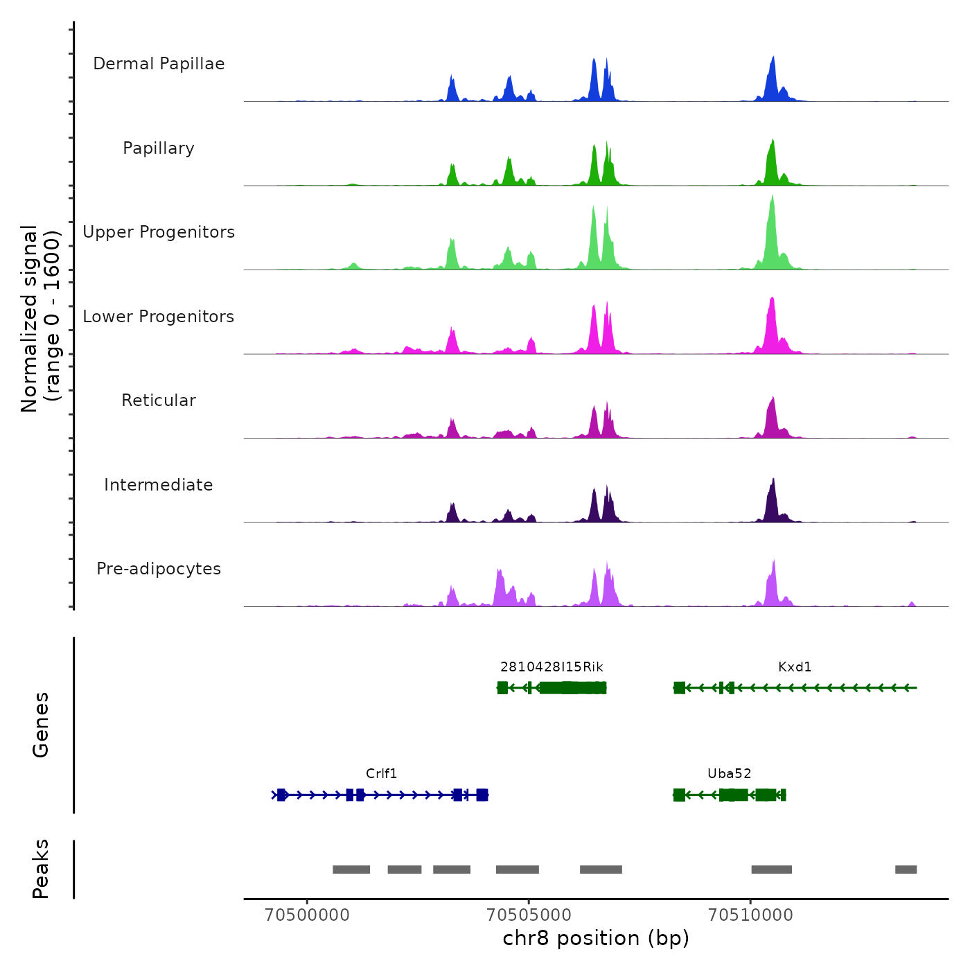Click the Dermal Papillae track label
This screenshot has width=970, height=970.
(x=159, y=64)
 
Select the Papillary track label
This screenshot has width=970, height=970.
(x=159, y=148)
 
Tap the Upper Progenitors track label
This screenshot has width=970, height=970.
(x=159, y=232)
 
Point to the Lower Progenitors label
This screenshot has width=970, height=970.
(x=159, y=317)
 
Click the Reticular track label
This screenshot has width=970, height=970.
(x=159, y=400)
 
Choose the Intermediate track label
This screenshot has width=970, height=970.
(x=159, y=485)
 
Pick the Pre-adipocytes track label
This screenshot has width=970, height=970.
(x=159, y=569)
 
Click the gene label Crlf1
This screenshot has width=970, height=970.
(x=381, y=774)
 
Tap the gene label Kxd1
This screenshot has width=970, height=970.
(x=795, y=667)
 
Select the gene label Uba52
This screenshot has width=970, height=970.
(x=729, y=774)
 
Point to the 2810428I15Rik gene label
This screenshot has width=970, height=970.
(x=552, y=667)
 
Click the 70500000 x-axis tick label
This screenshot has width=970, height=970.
(x=307, y=915)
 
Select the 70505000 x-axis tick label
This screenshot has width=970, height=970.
(x=529, y=915)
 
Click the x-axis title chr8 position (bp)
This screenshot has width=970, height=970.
(x=596, y=939)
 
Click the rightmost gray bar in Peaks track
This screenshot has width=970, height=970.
(x=906, y=870)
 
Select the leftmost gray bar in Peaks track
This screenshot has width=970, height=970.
(x=351, y=870)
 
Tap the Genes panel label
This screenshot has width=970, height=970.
(x=40, y=725)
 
